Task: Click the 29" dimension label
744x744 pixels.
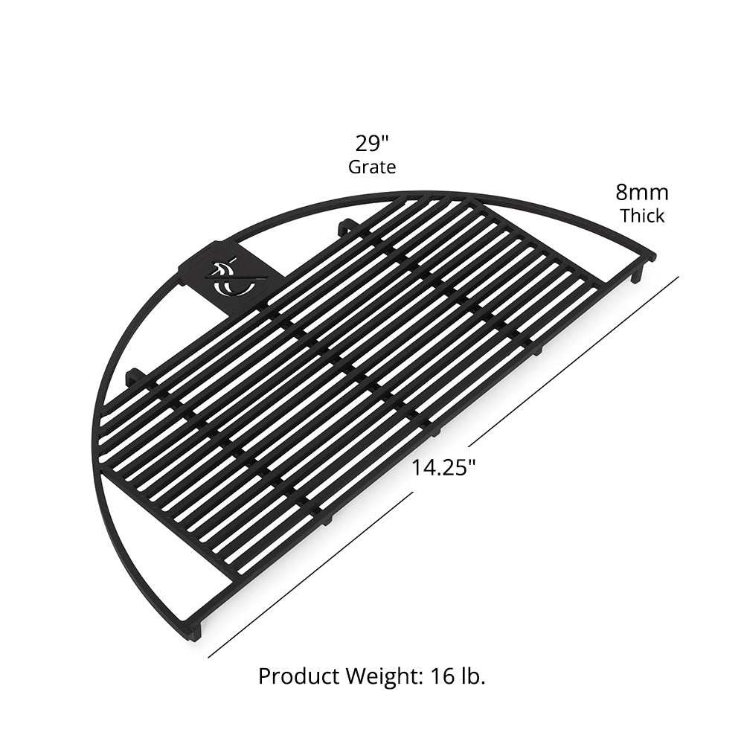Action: [372, 143]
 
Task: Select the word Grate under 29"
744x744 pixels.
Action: [372, 167]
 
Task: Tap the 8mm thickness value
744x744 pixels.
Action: [641, 193]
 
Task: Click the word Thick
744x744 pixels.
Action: [641, 217]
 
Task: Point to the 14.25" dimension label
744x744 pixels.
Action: [444, 468]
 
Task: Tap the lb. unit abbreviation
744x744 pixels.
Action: [472, 676]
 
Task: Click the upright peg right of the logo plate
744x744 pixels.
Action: [344, 227]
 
